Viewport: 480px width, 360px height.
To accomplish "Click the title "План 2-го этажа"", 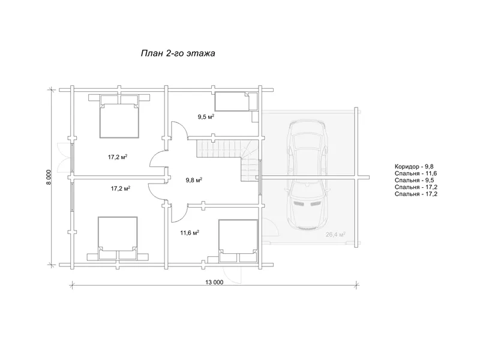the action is pyautogui.click(x=178, y=53).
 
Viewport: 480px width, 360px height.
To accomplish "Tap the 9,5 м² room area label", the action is pyautogui.click(x=206, y=116).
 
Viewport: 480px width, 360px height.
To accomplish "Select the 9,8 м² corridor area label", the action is pyautogui.click(x=194, y=180).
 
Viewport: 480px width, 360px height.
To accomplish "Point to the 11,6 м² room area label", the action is pyautogui.click(x=190, y=233).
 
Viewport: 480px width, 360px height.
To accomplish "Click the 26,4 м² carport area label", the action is pyautogui.click(x=335, y=235).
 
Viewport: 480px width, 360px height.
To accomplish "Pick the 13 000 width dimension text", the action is pyautogui.click(x=214, y=282).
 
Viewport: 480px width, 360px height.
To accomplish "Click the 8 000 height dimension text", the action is pyautogui.click(x=50, y=177).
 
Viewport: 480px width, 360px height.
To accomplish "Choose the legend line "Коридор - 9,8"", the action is pyautogui.click(x=414, y=167).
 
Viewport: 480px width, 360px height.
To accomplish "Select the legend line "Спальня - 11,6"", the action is pyautogui.click(x=416, y=173).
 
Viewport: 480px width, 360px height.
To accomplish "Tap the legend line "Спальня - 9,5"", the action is pyautogui.click(x=414, y=181).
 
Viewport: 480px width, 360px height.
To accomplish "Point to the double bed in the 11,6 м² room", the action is pyautogui.click(x=238, y=241).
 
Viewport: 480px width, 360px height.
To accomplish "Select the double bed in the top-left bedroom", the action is pyautogui.click(x=119, y=116).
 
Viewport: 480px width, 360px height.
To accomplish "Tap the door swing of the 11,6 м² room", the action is pyautogui.click(x=179, y=213).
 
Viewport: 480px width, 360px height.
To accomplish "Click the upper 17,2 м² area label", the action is pyautogui.click(x=118, y=157).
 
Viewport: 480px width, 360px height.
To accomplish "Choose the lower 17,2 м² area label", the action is pyautogui.click(x=121, y=188).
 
